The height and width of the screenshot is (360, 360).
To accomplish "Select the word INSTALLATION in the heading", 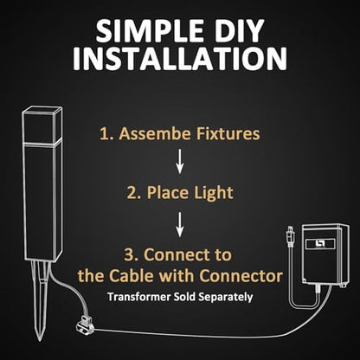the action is pyautogui.click(x=180, y=59).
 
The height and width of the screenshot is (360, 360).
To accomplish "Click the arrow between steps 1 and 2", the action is pyautogui.click(x=180, y=161).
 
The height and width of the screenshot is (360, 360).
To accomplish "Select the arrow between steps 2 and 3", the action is pyautogui.click(x=180, y=225).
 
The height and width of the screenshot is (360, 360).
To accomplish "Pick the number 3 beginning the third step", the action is pyautogui.click(x=129, y=255).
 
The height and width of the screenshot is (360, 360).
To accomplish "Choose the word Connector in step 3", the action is pyautogui.click(x=241, y=276).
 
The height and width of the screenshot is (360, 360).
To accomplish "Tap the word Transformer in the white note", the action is pyautogui.click(x=139, y=297).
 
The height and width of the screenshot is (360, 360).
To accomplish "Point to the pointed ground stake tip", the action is pyautogui.click(x=40, y=339).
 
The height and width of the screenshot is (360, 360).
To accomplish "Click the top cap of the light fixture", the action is pyautogui.click(x=42, y=125).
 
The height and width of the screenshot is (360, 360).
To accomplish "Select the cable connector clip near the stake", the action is pyautogui.click(x=85, y=325).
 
